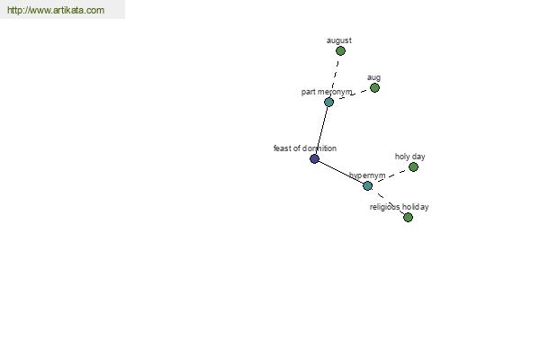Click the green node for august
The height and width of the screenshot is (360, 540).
point(340,51)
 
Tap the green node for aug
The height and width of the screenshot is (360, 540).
point(374,88)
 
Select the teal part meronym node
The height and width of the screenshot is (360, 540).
point(328,102)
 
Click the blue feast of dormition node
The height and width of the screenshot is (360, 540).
point(314,158)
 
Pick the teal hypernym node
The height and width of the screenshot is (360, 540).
point(367,186)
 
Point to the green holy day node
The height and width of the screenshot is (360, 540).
point(413,167)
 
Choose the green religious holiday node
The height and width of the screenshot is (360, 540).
point(408,218)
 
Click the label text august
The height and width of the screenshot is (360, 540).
point(339,40)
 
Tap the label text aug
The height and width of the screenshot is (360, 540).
point(373,77)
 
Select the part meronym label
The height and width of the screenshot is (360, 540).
point(327,92)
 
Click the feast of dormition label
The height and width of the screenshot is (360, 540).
point(305,148)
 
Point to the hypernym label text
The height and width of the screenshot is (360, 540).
point(367,175)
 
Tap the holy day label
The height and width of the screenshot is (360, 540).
point(409,157)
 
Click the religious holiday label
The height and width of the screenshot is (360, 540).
point(399,207)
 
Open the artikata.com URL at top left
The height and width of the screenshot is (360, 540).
point(56,10)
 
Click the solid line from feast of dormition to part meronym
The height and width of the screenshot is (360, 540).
point(321,130)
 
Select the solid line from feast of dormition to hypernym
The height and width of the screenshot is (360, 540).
point(341,172)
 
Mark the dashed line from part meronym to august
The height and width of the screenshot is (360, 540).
point(335,76)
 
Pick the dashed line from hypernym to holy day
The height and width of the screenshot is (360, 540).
point(391,176)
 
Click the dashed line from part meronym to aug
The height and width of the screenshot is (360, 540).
point(352,94)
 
